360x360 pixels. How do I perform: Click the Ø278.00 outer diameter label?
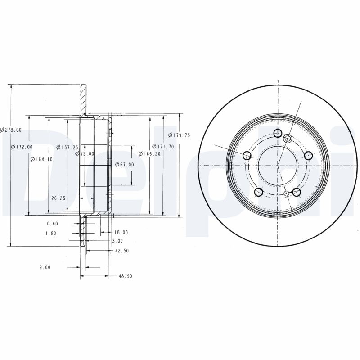tap(11, 130)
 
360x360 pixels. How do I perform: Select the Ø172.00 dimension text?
tap(22, 147)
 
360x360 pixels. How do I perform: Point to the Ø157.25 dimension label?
tap(67, 147)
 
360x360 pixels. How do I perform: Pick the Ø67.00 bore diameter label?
tap(124, 164)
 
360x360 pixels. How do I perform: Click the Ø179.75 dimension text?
tap(179, 135)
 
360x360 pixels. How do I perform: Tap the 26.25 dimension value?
tap(59, 198)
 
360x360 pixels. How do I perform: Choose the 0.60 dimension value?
tap(53, 224)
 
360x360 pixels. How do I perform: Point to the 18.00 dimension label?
tap(121, 232)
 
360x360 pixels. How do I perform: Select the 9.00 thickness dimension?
tap(45, 267)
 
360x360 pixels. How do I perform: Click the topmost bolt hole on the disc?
tap(278, 133)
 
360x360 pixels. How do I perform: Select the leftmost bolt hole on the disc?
tap(247, 155)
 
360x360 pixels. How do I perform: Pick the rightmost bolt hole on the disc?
tap(308, 155)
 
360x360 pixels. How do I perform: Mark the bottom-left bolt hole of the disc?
tap(259, 192)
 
